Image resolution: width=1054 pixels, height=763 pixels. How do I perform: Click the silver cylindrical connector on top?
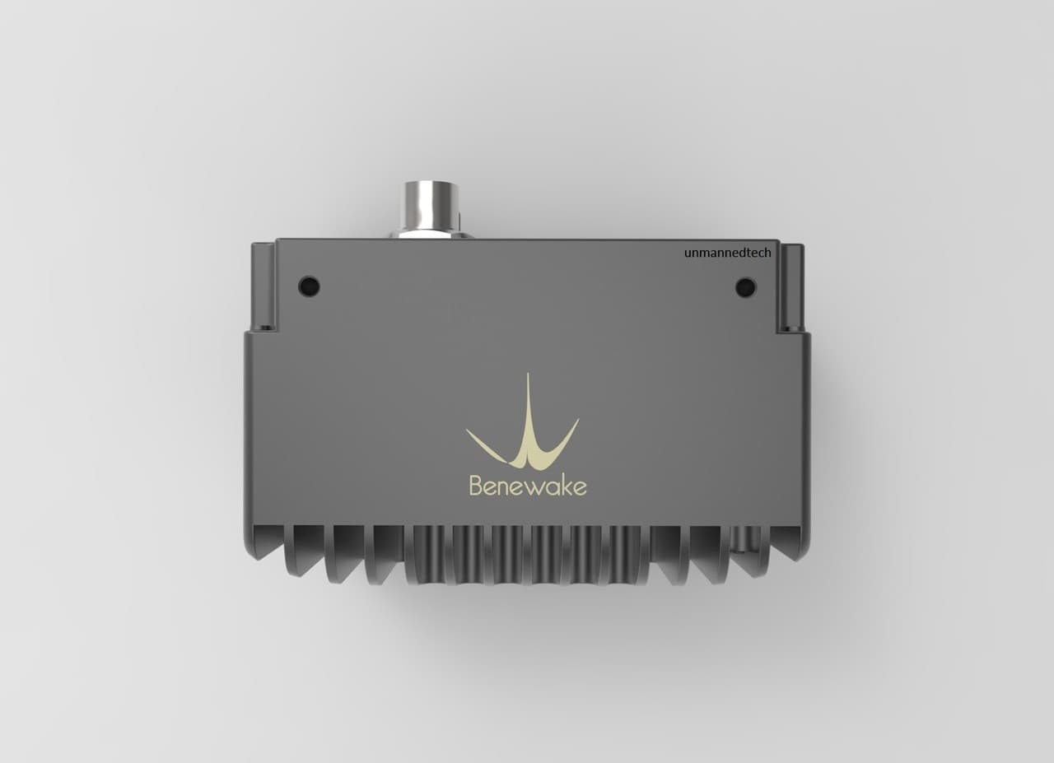(429, 206)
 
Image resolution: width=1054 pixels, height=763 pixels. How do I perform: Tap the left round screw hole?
(309, 286)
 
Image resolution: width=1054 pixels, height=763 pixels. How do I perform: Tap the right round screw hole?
(745, 287)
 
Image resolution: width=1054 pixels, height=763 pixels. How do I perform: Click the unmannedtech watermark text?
(727, 253)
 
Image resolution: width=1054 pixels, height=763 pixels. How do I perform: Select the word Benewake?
(528, 485)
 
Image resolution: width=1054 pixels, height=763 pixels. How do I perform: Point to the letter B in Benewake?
(476, 485)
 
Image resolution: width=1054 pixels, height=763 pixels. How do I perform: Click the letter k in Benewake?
(565, 484)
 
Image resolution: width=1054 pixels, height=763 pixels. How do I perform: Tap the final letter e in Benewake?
(580, 487)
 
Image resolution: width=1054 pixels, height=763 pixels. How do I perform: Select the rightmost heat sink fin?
(788, 542)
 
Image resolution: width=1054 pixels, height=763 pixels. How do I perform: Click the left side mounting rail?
(263, 286)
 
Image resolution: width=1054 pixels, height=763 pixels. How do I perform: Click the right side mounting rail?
(790, 287)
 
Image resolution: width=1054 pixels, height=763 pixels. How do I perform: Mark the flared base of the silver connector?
(430, 235)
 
